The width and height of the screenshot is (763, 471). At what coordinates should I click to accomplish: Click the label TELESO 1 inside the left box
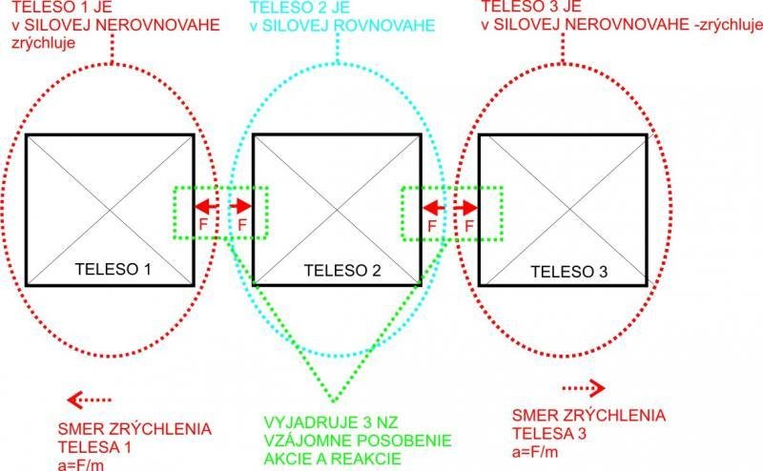(113, 269)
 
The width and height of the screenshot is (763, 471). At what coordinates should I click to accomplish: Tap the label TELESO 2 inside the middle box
(342, 271)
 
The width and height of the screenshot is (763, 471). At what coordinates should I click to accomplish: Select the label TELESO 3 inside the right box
(568, 272)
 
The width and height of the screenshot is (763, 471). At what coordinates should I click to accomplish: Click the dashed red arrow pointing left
(89, 399)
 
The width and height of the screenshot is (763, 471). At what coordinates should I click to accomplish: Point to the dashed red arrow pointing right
(584, 388)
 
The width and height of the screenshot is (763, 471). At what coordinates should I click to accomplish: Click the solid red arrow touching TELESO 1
(206, 206)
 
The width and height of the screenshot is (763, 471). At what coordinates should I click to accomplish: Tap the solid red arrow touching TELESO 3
(465, 208)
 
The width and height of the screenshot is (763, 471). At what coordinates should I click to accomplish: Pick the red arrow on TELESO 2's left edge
(241, 206)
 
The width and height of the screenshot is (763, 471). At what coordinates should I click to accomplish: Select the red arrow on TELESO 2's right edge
(434, 208)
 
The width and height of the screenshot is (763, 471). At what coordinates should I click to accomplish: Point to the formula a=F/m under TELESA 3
(535, 452)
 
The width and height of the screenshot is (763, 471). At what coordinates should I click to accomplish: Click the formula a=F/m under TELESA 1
(81, 464)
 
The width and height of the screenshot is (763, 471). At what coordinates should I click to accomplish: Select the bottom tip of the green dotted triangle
(334, 401)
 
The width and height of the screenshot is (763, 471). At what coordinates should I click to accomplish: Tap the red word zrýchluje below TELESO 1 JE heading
(43, 43)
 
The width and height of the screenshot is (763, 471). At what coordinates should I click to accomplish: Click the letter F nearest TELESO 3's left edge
(469, 226)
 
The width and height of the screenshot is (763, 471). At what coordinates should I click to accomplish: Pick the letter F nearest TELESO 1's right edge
(203, 224)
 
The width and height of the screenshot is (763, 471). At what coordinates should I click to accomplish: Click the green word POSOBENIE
(402, 440)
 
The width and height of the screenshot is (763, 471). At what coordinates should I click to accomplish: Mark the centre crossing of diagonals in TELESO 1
(111, 210)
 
